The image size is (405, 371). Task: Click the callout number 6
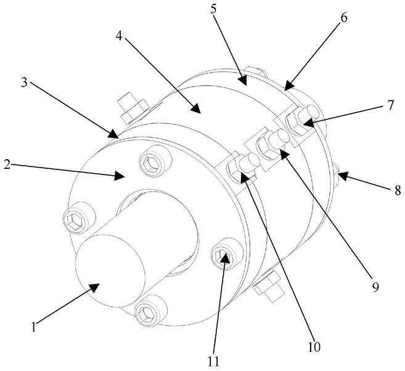[343, 17]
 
